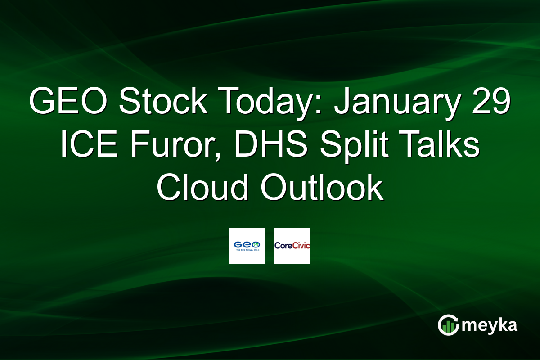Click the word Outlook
click(321, 189)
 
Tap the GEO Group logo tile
click(247, 246)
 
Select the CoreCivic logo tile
click(292, 246)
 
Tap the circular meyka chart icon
click(448, 325)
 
